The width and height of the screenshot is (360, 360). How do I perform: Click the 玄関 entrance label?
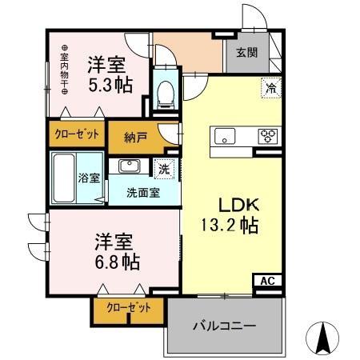click(x=246, y=54)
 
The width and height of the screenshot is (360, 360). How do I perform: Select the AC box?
click(x=266, y=281)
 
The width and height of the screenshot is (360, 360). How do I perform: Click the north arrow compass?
click(x=324, y=338)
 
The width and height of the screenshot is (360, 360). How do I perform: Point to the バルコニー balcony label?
click(x=223, y=326)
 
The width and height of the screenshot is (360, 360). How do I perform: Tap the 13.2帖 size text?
click(x=228, y=226)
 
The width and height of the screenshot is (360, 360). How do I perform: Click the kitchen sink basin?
click(x=223, y=134)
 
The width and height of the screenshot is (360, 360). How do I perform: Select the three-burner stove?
click(x=267, y=135)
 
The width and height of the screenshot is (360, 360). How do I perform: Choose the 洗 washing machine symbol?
click(x=163, y=170)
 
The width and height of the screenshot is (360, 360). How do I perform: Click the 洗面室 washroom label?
click(x=144, y=192)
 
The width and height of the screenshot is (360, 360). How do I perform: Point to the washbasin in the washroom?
click(x=129, y=166)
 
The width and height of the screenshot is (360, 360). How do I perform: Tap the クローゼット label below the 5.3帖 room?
click(x=77, y=134)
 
